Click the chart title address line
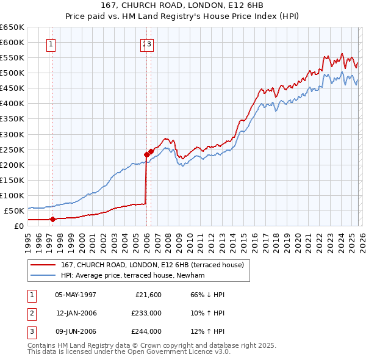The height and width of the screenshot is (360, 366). coord(183,5)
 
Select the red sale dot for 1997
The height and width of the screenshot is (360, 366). coord(52,219)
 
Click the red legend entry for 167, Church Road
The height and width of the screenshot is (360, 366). coord(152,265)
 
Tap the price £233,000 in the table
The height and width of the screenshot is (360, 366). coord(146,313)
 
